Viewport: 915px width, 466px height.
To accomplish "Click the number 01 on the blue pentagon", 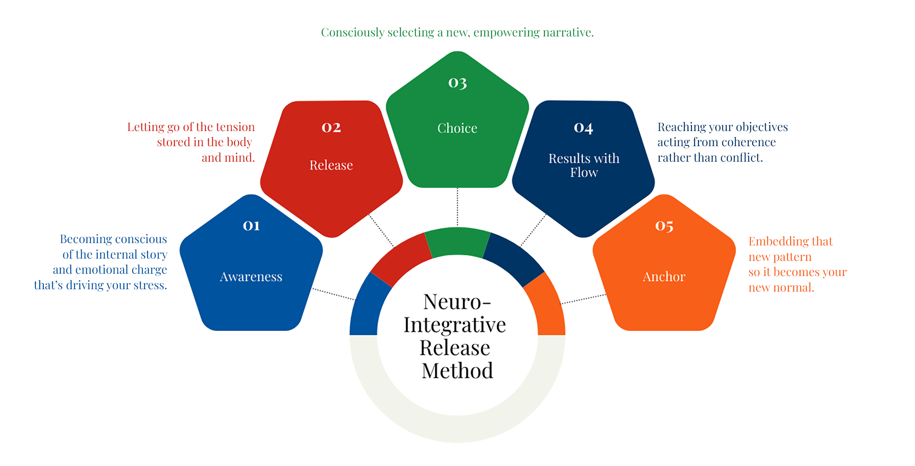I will coord(251,226).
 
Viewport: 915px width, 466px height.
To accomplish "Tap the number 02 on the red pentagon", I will coord(331,128).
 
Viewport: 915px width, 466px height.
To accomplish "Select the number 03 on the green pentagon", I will coord(457,83).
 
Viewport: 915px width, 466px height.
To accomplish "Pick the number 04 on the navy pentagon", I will coord(583,128).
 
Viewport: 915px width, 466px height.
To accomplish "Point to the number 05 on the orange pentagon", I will coord(664,226).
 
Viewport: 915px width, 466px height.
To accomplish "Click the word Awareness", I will coord(251,277).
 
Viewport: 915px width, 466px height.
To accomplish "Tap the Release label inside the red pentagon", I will coord(331,165).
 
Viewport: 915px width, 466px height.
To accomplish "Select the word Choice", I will coord(457,128).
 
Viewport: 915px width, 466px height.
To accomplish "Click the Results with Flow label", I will coord(584,165).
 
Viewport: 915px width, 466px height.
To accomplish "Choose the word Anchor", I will coord(664,277).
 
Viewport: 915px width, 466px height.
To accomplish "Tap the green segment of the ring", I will coord(457,241).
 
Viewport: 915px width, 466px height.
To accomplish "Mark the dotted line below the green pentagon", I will coord(457,207).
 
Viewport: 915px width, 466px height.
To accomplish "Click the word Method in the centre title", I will coord(457,371).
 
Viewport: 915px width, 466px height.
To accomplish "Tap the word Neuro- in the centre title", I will coord(457,302).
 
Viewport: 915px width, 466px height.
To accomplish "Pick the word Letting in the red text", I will coord(145,127).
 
